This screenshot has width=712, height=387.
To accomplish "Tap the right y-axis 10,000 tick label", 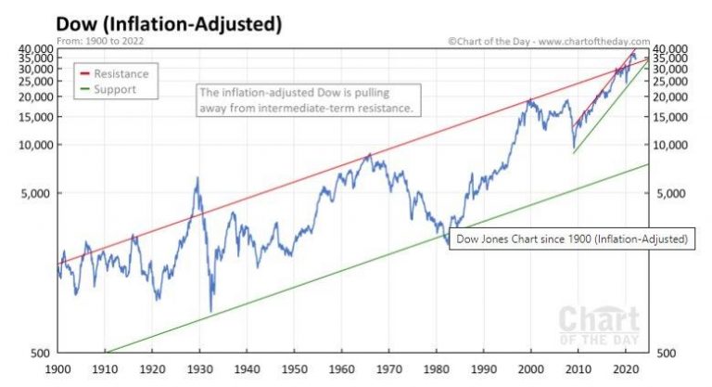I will (674, 145).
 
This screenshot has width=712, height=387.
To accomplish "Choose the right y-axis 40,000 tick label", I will (674, 47).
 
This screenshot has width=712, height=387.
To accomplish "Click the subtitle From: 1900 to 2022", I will (100, 41).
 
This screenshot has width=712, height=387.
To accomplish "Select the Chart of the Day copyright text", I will (548, 41).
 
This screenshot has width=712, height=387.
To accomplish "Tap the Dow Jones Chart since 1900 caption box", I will (570, 239).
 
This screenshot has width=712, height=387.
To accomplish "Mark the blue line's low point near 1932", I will (211, 311).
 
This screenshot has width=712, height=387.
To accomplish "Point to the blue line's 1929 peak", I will (197, 178).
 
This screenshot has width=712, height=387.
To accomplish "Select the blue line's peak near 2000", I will (530, 99).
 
